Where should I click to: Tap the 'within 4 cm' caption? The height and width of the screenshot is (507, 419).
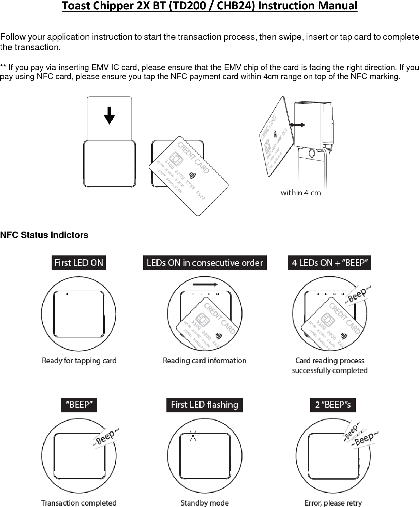click(300, 193)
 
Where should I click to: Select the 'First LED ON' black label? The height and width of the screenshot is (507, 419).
click(79, 263)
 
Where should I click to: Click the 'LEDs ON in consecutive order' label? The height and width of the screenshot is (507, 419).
click(205, 263)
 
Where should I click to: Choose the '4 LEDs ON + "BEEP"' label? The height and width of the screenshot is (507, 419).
click(329, 263)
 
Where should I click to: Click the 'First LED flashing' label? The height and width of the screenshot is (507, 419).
click(205, 405)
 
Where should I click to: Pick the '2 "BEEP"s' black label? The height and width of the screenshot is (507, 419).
click(333, 405)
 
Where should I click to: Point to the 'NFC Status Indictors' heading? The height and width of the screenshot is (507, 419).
click(44, 235)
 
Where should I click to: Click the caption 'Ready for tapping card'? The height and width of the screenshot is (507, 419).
click(79, 360)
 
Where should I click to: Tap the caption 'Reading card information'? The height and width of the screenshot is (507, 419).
click(205, 360)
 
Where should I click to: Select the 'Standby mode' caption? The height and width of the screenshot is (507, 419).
click(205, 503)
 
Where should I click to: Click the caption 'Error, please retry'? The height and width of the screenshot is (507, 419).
click(333, 503)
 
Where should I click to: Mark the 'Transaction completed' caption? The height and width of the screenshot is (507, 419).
click(79, 503)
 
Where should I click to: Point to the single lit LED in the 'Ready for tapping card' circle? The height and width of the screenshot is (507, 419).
click(67, 294)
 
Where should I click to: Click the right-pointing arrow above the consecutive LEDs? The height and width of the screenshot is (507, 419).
click(205, 285)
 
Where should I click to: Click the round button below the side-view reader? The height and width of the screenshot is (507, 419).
click(313, 153)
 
